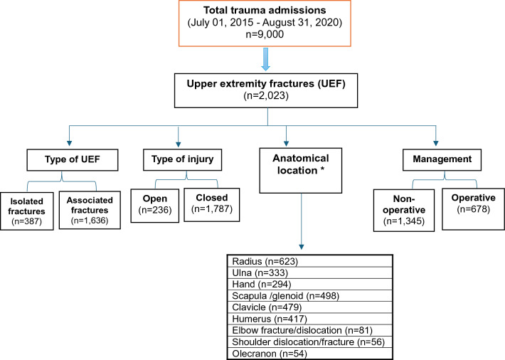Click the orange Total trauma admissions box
265,23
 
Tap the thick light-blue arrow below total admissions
265,59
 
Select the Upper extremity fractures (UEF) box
266,90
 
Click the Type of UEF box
73,160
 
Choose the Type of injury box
182,159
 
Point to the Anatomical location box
300,171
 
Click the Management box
442,159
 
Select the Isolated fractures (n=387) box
27,211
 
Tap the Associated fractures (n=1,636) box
90,210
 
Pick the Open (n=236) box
155,206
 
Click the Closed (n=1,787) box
211,205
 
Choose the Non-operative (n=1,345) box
404,210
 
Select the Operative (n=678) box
473,209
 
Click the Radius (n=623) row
310,261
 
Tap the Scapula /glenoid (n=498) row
310,295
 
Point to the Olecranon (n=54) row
310,354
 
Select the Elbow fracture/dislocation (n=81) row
310,330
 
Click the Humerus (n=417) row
310,319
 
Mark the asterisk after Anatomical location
322,169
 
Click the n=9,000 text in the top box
265,34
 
